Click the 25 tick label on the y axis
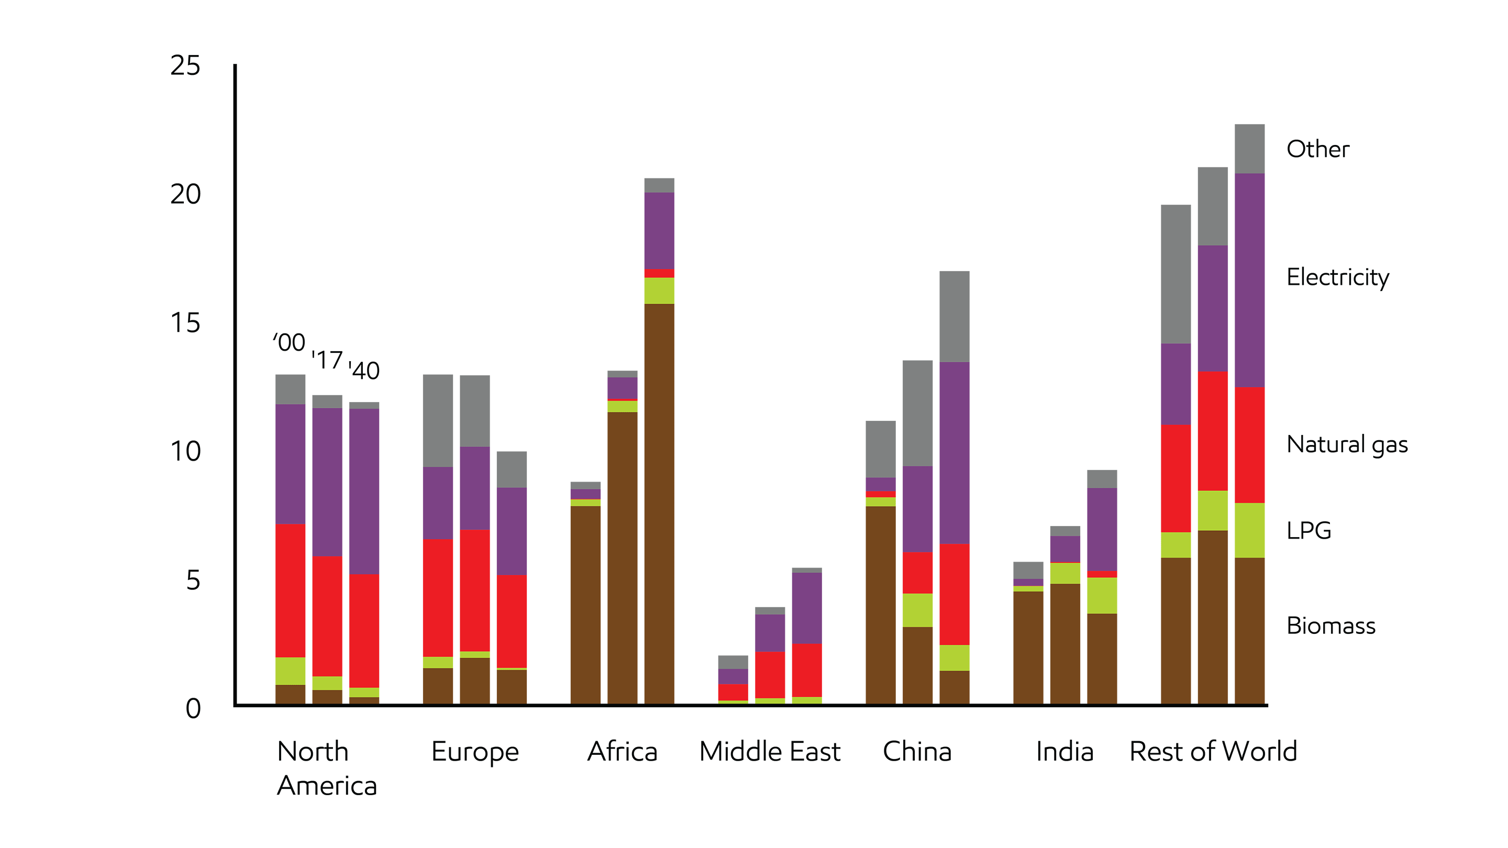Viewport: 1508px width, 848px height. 185,65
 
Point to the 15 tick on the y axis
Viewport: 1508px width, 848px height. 185,323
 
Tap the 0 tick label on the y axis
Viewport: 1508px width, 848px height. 193,709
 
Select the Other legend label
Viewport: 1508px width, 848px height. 1317,149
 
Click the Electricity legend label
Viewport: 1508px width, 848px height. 1337,277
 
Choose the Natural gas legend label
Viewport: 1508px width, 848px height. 1346,445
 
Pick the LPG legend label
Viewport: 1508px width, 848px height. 1309,531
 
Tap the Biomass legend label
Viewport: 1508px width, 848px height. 1330,626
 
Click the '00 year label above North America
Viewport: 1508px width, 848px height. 289,343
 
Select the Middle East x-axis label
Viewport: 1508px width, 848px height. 769,752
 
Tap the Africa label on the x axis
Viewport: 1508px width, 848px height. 622,752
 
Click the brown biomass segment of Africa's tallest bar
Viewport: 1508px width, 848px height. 659,503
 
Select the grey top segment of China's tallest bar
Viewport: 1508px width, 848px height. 954,317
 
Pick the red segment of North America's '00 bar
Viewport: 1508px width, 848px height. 291,590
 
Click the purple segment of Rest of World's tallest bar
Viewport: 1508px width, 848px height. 1249,280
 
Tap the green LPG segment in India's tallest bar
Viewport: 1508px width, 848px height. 1102,595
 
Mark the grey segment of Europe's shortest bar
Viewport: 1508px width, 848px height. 512,470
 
